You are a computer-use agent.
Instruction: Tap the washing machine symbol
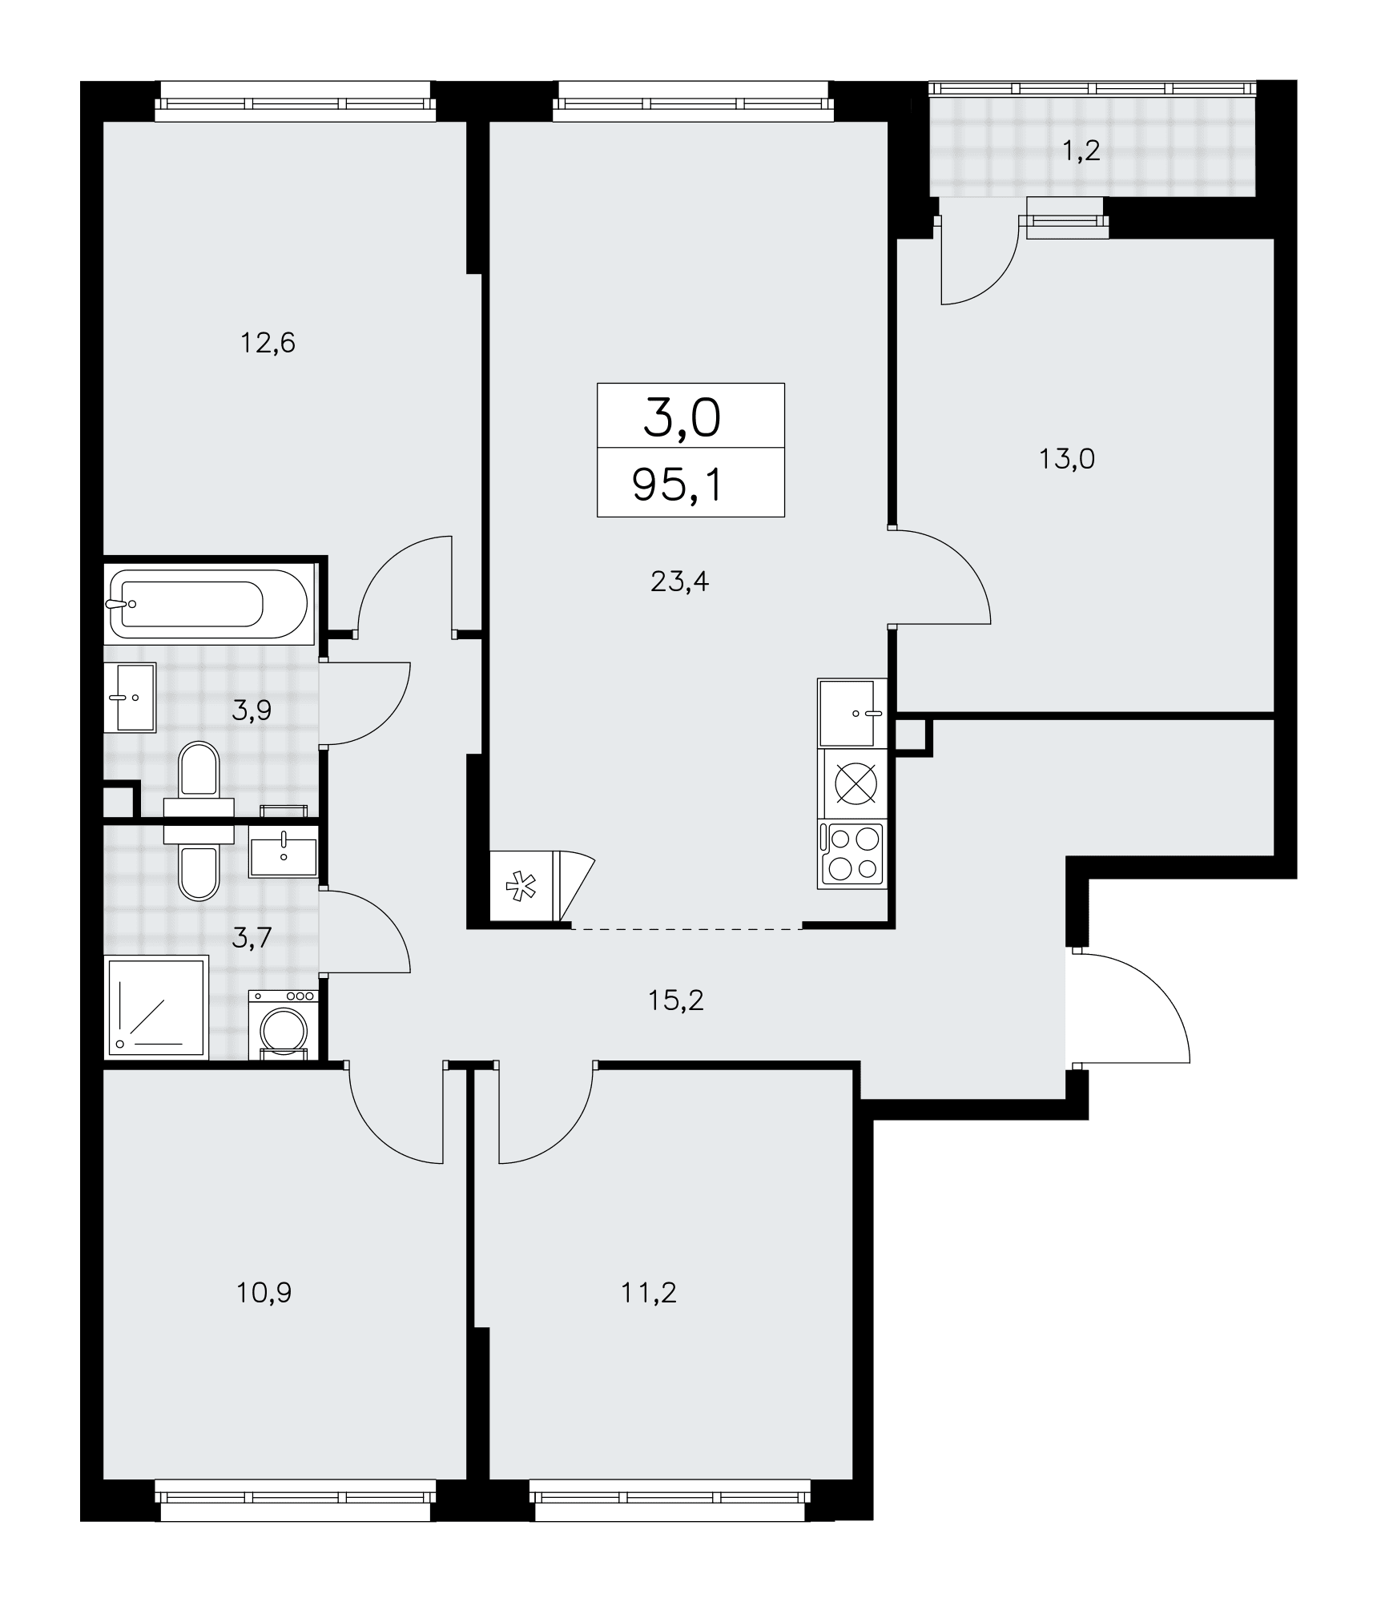pos(283,1024)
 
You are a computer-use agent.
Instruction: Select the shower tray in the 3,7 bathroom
pos(157,1007)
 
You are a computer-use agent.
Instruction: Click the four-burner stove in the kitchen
pos(852,855)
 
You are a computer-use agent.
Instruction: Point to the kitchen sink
pos(852,713)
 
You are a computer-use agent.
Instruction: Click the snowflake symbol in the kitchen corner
pos(521,887)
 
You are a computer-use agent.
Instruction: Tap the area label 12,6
pos(268,344)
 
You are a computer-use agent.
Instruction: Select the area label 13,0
pos(1067,460)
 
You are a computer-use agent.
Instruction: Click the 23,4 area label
pos(679,582)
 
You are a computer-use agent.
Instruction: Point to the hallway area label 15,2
pos(676,1000)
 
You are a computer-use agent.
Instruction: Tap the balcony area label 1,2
pos(1081,150)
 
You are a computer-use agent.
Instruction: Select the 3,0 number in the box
pos(682,420)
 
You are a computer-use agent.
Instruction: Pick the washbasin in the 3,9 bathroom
pos(130,697)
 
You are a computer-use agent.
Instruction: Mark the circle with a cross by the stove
pos(856,783)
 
